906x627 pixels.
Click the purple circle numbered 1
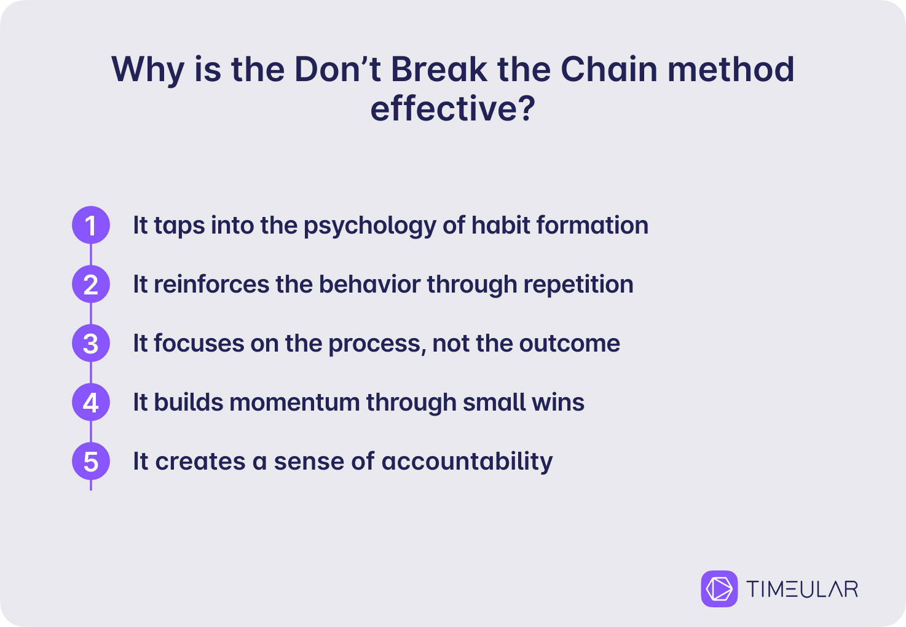[x=91, y=225]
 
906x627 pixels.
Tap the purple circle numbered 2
[x=91, y=284]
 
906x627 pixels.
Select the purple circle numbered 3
[x=91, y=343]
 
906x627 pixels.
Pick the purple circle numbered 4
[x=91, y=402]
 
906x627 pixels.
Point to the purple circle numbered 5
[x=91, y=461]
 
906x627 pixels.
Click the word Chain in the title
[x=609, y=69]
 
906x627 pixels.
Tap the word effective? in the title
[x=453, y=108]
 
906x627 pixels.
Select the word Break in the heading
[x=439, y=69]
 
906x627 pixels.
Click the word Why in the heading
[x=148, y=71]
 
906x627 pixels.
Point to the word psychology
[x=369, y=226]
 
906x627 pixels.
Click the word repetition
[x=578, y=285]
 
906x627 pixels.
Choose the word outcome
[x=570, y=344]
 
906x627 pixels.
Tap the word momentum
[x=294, y=403]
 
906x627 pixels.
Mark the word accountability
[x=467, y=462]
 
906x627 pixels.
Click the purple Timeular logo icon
[x=719, y=588]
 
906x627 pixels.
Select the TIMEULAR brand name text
[x=802, y=589]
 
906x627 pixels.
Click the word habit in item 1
[x=501, y=225]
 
